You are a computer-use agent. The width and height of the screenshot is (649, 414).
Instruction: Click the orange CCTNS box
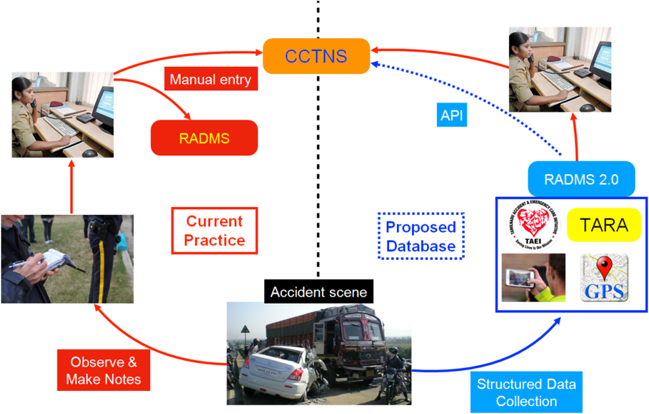pyautogui.click(x=316, y=56)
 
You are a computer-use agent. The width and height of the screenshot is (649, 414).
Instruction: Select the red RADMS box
pyautogui.click(x=204, y=138)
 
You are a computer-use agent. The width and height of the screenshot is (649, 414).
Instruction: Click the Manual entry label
pyautogui.click(x=210, y=79)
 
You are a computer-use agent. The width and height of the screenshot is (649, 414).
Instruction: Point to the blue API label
pyautogui.click(x=452, y=115)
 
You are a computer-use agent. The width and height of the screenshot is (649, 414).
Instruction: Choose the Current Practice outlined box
pyautogui.click(x=214, y=230)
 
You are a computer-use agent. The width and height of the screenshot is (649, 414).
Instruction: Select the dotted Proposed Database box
pyautogui.click(x=421, y=236)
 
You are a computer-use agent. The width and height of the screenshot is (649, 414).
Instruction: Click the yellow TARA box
pyautogui.click(x=604, y=225)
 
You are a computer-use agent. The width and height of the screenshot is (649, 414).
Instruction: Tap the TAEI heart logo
pyautogui.click(x=533, y=225)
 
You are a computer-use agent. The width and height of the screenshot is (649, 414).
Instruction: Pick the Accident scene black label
pyautogui.click(x=318, y=292)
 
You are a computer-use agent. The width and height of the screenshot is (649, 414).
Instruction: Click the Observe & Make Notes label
pyautogui.click(x=103, y=370)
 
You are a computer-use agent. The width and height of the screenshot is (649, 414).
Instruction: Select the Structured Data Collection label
pyautogui.click(x=526, y=392)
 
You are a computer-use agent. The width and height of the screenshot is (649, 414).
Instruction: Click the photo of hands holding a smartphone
pyautogui.click(x=533, y=278)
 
